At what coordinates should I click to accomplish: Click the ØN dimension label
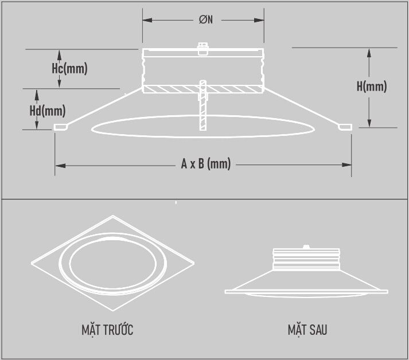pyautogui.click(x=206, y=20)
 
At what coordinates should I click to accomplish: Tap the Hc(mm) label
pyautogui.click(x=69, y=69)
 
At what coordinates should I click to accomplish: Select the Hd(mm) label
pyautogui.click(x=48, y=109)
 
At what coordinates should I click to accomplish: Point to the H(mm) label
pyautogui.click(x=371, y=87)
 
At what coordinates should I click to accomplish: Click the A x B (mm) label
pyautogui.click(x=205, y=165)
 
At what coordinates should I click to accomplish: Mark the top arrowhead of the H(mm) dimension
pyautogui.click(x=370, y=52)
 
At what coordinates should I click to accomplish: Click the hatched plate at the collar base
pyautogui.click(x=172, y=89)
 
